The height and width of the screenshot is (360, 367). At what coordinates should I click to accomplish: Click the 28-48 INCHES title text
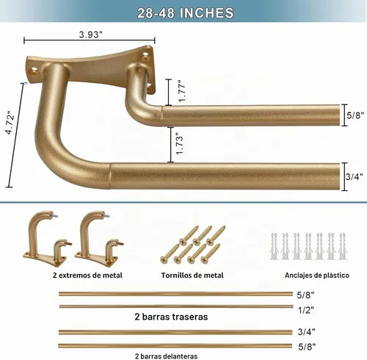click(185, 13)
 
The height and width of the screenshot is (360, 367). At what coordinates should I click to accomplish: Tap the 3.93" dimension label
click(90, 35)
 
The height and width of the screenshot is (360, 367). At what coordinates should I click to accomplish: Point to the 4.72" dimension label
click(10, 123)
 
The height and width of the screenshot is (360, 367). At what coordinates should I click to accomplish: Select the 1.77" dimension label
click(182, 91)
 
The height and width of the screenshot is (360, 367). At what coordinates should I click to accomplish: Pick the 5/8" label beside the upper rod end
click(355, 115)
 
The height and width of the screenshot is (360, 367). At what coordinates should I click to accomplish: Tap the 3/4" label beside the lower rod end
click(355, 176)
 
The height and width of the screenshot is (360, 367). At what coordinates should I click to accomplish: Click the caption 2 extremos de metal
click(87, 276)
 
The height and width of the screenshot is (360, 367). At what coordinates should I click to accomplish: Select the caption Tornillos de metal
click(192, 276)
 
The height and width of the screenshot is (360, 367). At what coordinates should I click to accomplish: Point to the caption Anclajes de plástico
click(317, 276)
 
